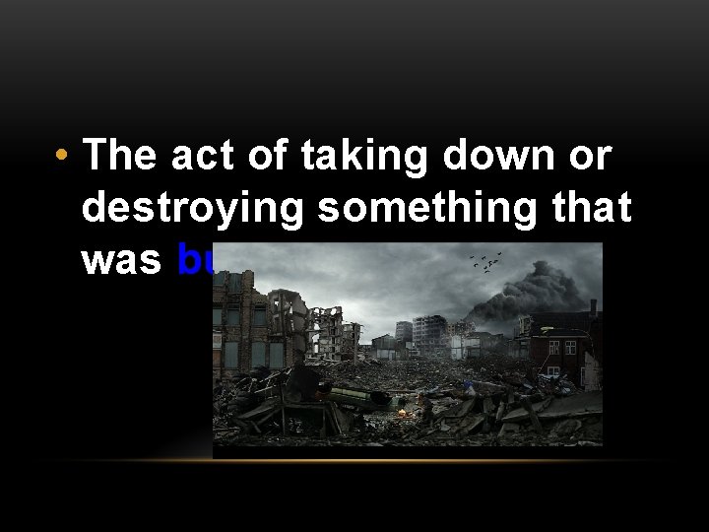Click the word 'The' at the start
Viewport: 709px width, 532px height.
(x=118, y=156)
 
